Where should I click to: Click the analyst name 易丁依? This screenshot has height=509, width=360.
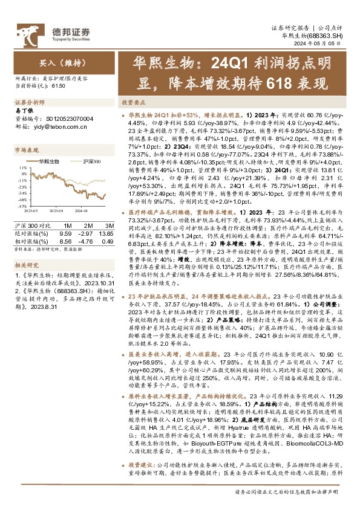22,111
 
